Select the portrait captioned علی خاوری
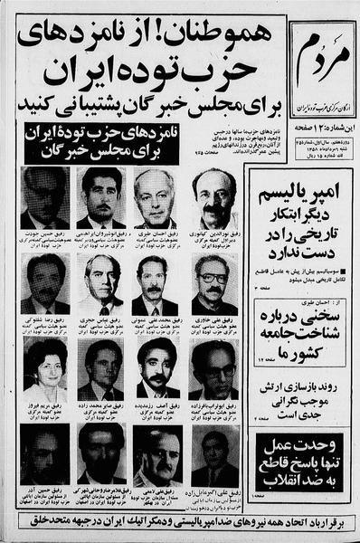pos(214,282)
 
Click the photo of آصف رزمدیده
pos(156,369)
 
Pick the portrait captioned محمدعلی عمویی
pos(156,282)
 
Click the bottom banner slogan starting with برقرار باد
pos(180,526)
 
